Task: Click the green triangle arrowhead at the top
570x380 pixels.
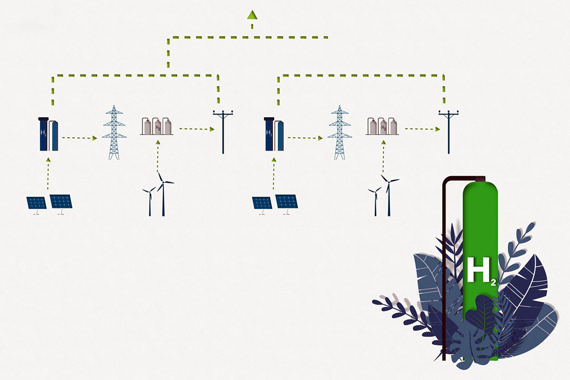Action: click(252, 15)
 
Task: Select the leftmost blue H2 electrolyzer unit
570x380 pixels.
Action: click(49, 134)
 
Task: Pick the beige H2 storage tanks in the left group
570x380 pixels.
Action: click(156, 126)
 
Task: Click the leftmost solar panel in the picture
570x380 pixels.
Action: click(36, 203)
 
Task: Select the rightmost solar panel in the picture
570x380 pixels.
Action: click(287, 201)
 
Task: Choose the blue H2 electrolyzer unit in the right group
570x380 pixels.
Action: click(274, 134)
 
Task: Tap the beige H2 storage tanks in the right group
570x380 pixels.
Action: click(382, 126)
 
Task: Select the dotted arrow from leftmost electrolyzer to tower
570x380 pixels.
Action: click(79, 138)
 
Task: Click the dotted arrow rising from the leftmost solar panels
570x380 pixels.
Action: click(48, 175)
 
